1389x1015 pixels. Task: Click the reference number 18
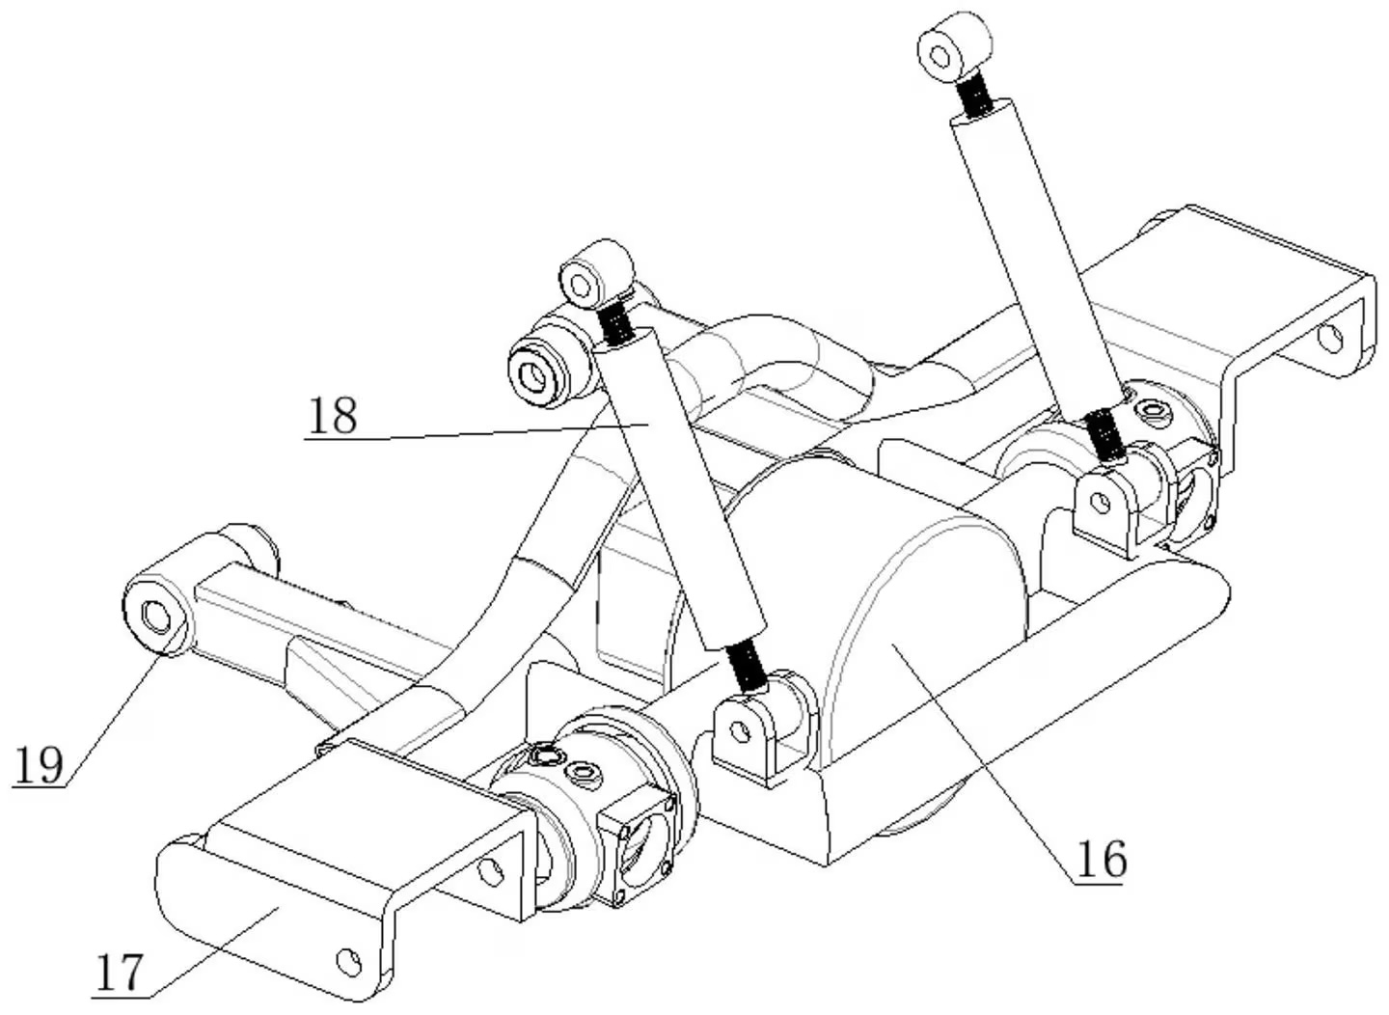click(x=333, y=415)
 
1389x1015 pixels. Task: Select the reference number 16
click(x=1102, y=860)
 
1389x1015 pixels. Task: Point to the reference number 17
click(x=120, y=973)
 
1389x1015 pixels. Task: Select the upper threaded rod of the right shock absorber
click(x=974, y=96)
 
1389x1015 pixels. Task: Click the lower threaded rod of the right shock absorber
click(x=1103, y=434)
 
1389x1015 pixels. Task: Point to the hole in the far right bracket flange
click(x=1329, y=339)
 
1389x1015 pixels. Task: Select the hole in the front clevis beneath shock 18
click(x=740, y=731)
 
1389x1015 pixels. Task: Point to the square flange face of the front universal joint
click(x=640, y=860)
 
